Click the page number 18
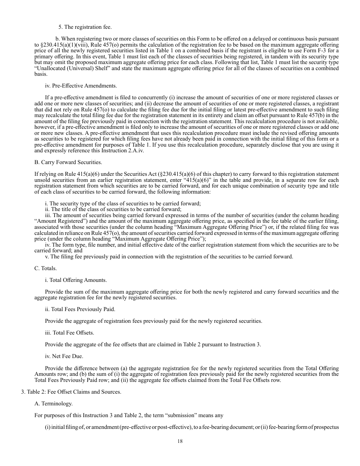pos(180,441)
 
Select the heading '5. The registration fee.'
pos(85,27)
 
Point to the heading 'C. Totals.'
pos(45,268)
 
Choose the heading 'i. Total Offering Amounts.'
pos(76,280)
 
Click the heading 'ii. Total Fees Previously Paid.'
pos(80,309)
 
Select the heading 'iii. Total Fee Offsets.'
pos(69,333)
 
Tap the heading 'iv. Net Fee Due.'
pos(64,356)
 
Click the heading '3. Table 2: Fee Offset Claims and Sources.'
pos(71,392)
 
